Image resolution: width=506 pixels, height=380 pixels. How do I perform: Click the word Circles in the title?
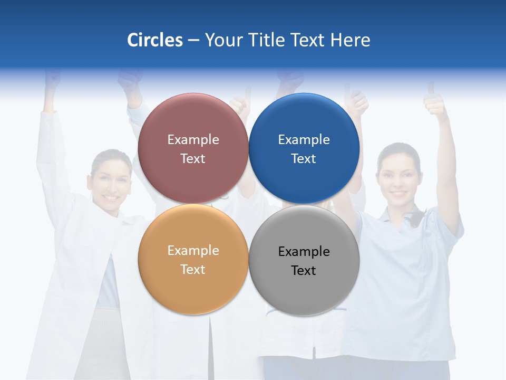click(x=155, y=40)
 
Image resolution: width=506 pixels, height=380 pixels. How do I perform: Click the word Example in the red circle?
click(x=193, y=140)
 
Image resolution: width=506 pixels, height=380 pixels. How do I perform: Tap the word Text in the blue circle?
click(x=304, y=158)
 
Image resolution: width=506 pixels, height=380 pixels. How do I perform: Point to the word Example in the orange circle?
click(x=193, y=251)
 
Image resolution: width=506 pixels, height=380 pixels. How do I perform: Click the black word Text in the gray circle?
click(x=304, y=270)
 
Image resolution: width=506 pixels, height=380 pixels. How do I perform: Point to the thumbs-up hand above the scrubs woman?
click(x=436, y=103)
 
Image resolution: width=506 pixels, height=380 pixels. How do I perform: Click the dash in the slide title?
click(x=193, y=41)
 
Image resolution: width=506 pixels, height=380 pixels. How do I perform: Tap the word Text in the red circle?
click(x=193, y=158)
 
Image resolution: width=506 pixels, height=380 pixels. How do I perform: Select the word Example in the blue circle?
click(x=304, y=140)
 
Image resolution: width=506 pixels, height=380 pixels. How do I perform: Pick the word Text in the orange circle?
click(x=193, y=269)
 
